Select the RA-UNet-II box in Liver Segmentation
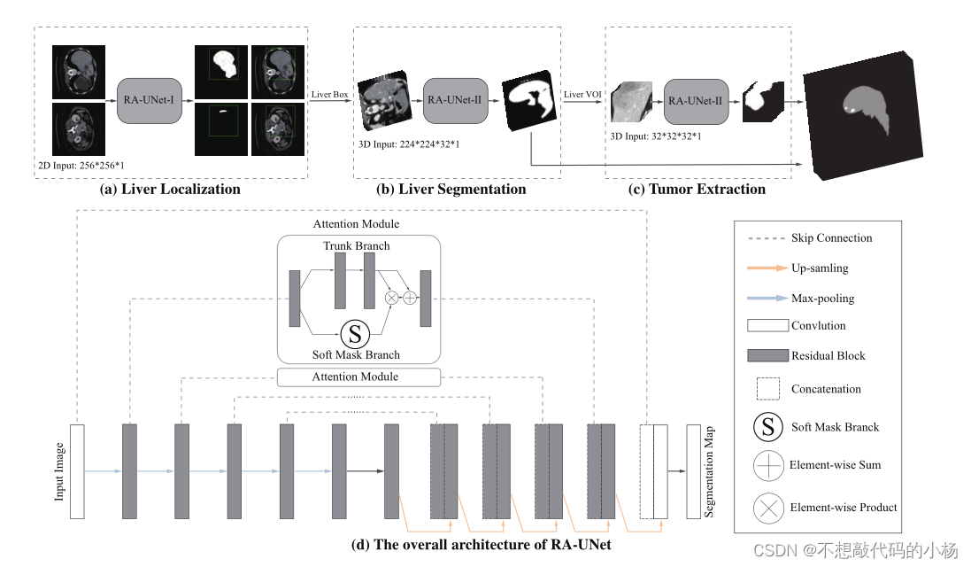[454, 100]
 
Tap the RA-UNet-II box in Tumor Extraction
[695, 101]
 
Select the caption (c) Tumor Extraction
[697, 189]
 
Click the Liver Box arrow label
[329, 94]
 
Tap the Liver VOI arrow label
[583, 94]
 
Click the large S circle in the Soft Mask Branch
[355, 334]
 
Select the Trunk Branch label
[356, 245]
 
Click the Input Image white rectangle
[76, 471]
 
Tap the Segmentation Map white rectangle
[694, 471]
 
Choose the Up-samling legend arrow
[767, 268]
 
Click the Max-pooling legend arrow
[767, 299]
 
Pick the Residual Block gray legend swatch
[767, 355]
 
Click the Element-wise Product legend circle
[767, 508]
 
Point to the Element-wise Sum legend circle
[767, 464]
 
